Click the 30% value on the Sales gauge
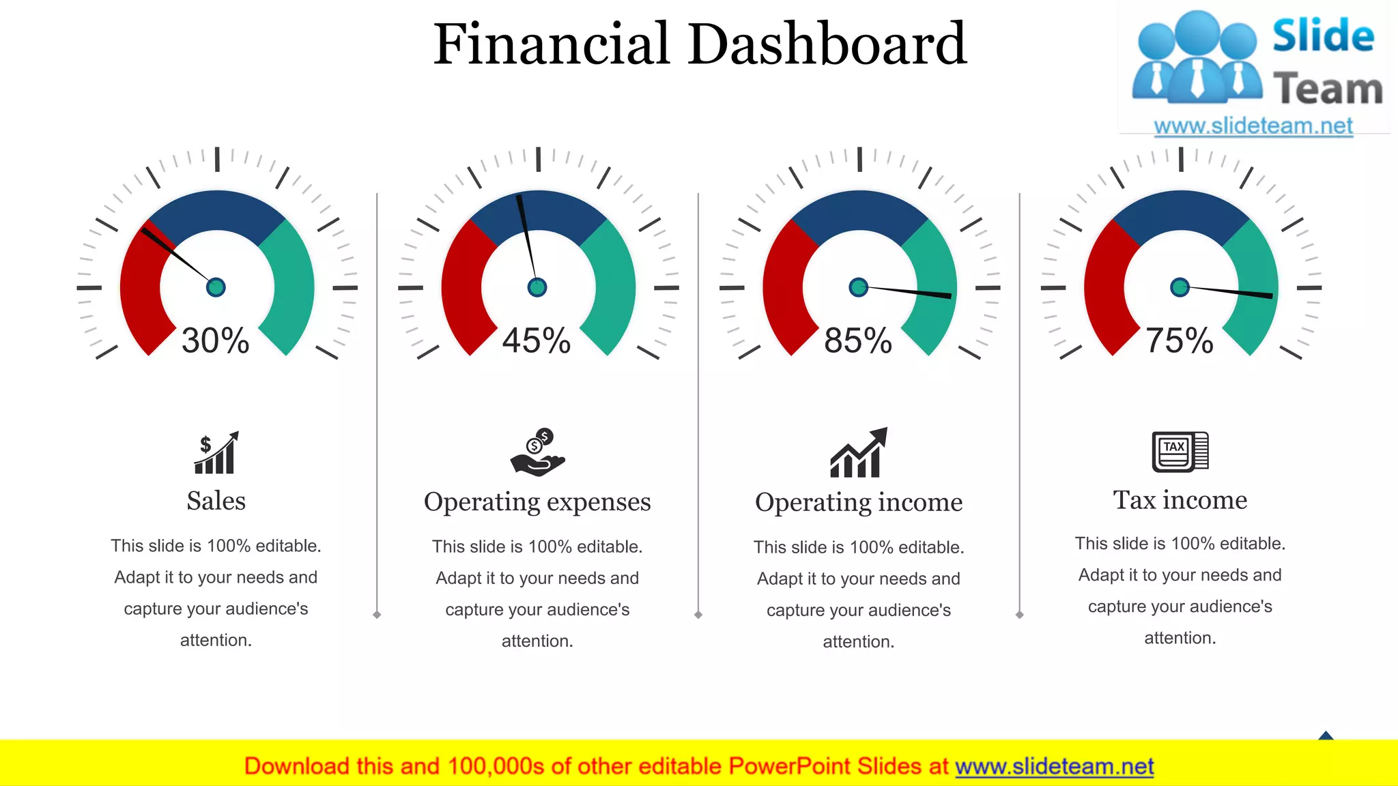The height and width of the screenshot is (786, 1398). pyautogui.click(x=215, y=340)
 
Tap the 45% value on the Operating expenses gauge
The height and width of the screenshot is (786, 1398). pyautogui.click(x=537, y=340)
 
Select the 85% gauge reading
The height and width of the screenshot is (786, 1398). pyautogui.click(x=858, y=340)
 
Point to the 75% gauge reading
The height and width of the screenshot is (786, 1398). pyautogui.click(x=1180, y=340)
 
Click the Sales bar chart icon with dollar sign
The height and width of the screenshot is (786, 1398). pyautogui.click(x=216, y=453)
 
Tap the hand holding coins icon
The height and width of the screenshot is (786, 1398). pyautogui.click(x=538, y=452)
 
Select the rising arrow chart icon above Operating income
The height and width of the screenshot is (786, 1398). pyautogui.click(x=859, y=453)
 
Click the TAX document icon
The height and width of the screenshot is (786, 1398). pyautogui.click(x=1180, y=452)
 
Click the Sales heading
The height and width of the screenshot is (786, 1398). pyautogui.click(x=216, y=501)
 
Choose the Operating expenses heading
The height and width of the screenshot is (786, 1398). pyautogui.click(x=537, y=501)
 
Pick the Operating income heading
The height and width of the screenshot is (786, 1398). pyautogui.click(x=859, y=502)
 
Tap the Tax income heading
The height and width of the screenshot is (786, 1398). pyautogui.click(x=1180, y=500)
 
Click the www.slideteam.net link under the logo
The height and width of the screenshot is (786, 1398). pyautogui.click(x=1253, y=126)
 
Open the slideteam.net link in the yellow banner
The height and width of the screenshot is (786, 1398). pyautogui.click(x=1054, y=766)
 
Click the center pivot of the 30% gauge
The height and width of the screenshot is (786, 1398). pyautogui.click(x=216, y=287)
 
